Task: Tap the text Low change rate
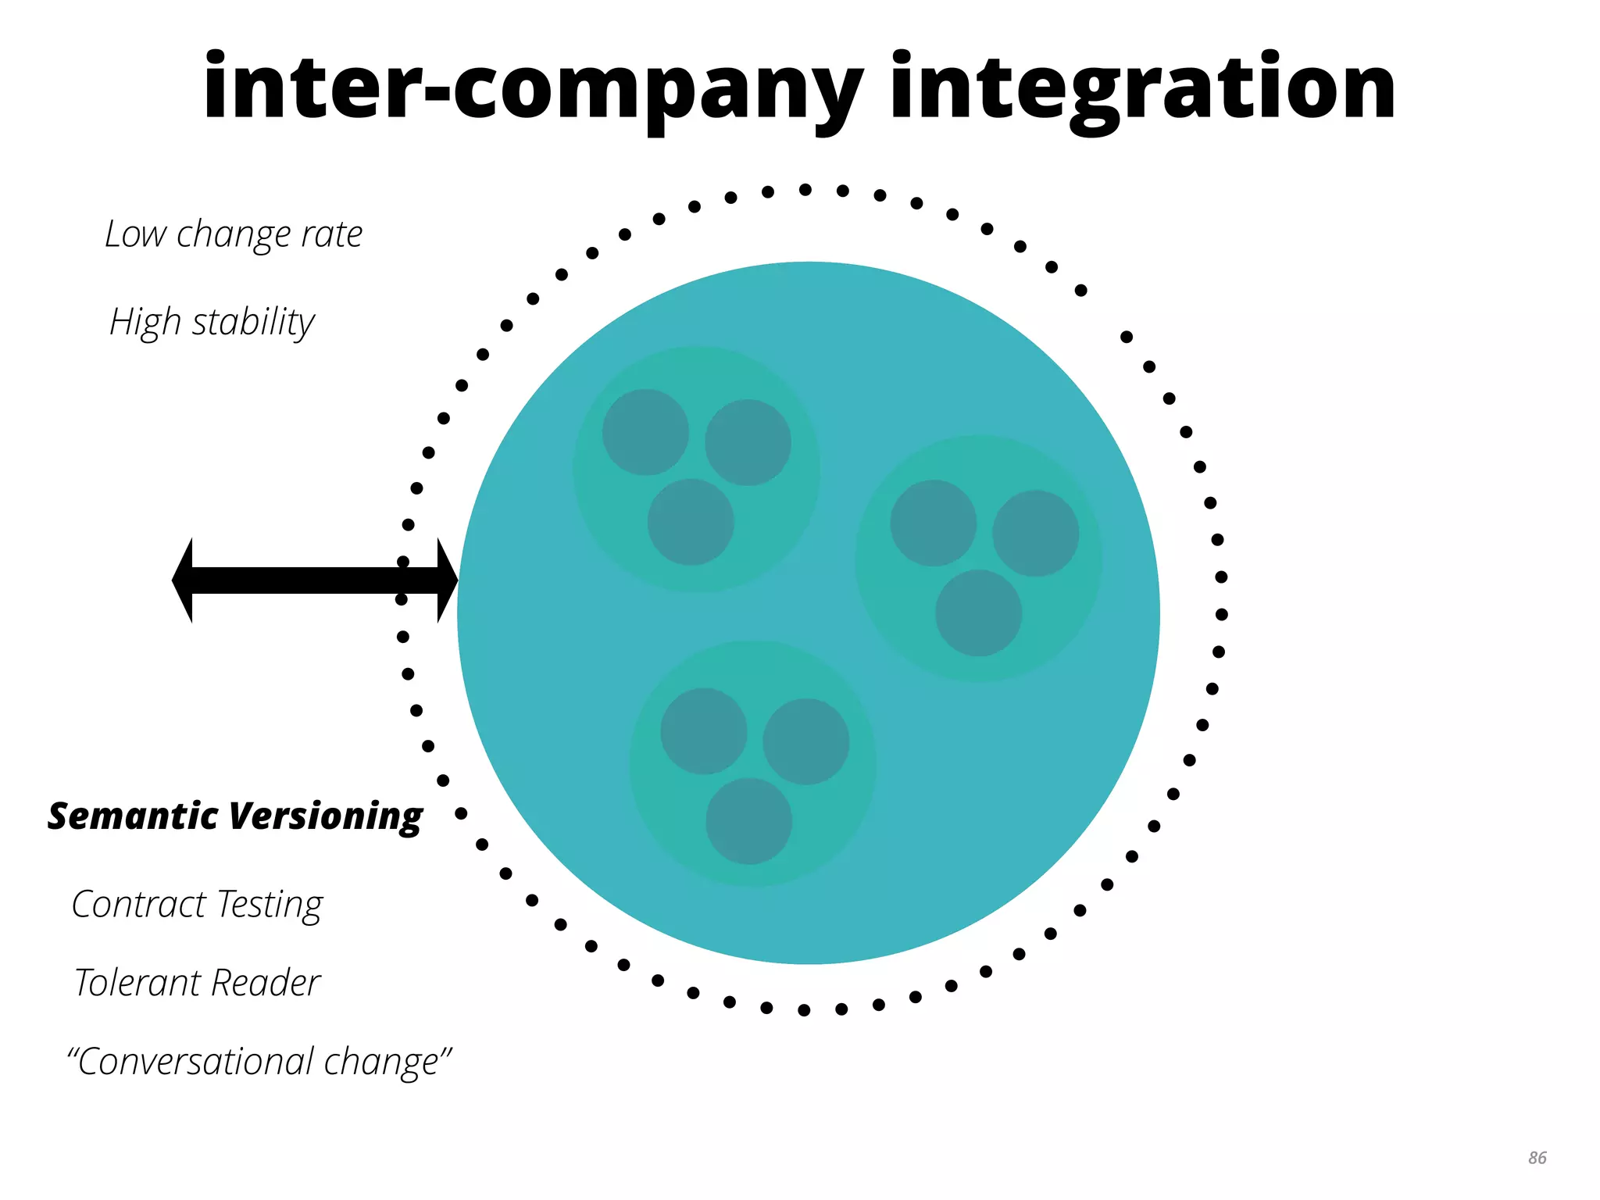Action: click(x=234, y=234)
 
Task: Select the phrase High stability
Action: click(x=212, y=322)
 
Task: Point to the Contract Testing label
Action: click(x=197, y=905)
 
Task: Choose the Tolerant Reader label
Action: click(x=197, y=983)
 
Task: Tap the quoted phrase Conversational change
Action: click(x=259, y=1062)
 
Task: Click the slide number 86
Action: click(x=1537, y=1158)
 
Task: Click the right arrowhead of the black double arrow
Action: click(x=446, y=580)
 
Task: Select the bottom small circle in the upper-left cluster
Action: click(x=691, y=522)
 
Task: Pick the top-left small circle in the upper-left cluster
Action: click(x=645, y=432)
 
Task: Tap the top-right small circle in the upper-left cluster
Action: click(x=748, y=442)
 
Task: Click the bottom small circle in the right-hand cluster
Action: click(x=978, y=612)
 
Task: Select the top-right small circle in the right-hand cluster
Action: click(x=1035, y=533)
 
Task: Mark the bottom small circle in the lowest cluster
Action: click(x=748, y=821)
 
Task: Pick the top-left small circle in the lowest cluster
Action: click(x=703, y=731)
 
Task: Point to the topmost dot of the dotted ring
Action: click(x=805, y=190)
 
